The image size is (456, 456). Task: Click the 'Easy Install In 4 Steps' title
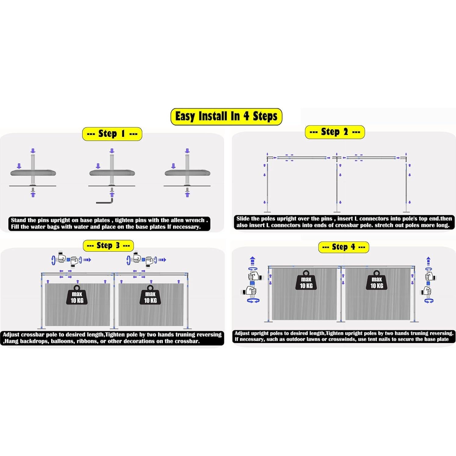pyautogui.click(x=226, y=117)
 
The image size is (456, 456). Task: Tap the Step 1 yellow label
pyautogui.click(x=112, y=134)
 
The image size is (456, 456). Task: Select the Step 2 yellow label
pyautogui.click(x=335, y=132)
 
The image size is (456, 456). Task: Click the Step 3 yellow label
pyautogui.click(x=108, y=246)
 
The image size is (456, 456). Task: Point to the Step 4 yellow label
pyautogui.click(x=343, y=247)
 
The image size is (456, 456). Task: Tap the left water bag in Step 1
pyautogui.click(x=33, y=173)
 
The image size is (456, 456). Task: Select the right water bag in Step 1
pyautogui.click(x=187, y=173)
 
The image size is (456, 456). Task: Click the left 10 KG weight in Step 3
pyautogui.click(x=77, y=295)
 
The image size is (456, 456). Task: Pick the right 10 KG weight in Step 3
pyautogui.click(x=150, y=295)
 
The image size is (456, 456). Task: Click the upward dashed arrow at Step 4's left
pyautogui.click(x=252, y=261)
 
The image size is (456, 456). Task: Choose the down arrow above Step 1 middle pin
pyautogui.click(x=112, y=151)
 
